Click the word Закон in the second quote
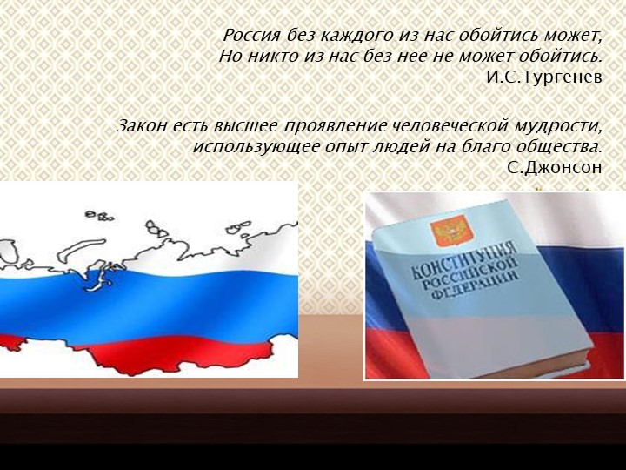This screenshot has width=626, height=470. click(140, 125)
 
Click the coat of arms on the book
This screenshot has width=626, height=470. click(448, 232)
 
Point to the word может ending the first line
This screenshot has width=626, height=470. click(577, 36)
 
